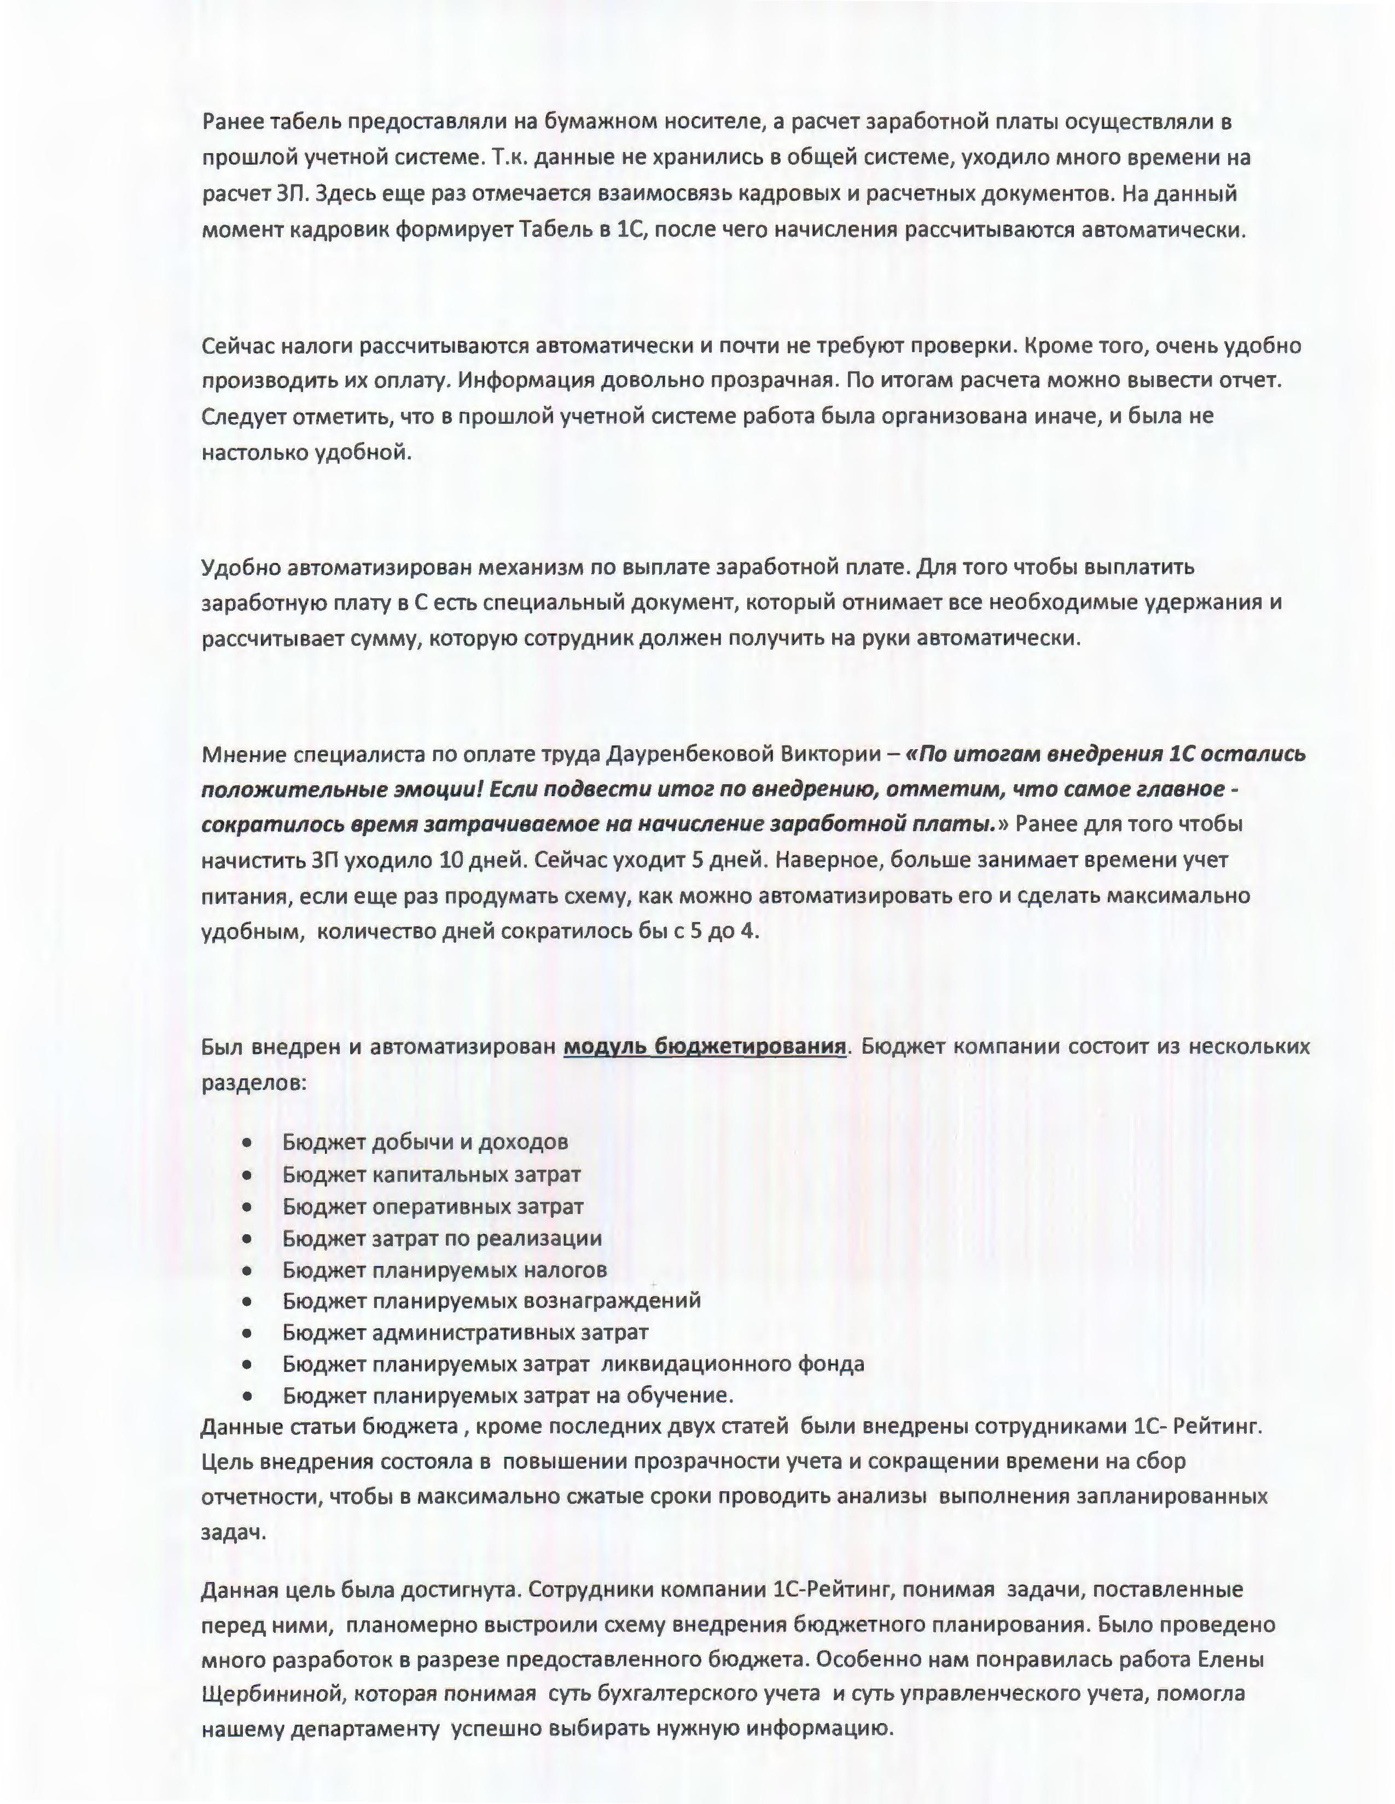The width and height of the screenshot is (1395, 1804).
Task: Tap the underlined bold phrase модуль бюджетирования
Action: pos(705,1047)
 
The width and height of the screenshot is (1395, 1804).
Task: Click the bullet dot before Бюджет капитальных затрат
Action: pos(247,1175)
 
